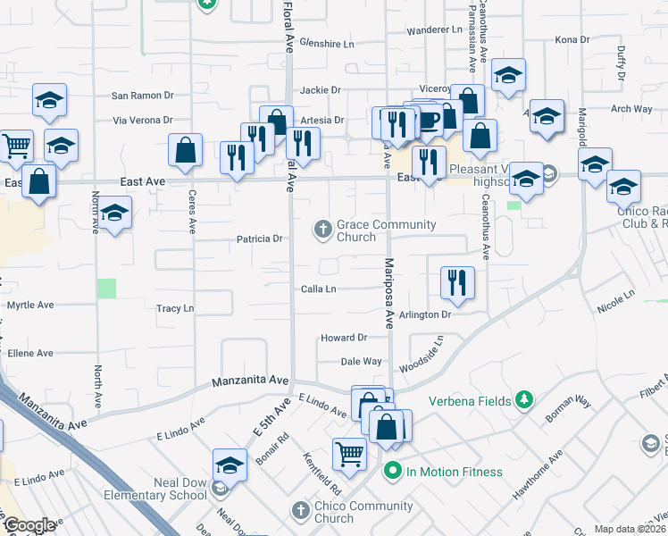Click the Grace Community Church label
(x=386, y=230)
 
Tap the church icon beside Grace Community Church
(x=323, y=230)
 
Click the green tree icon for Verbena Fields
(x=525, y=399)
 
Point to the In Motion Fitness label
(x=455, y=472)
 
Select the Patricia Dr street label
(x=259, y=239)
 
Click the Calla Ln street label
(x=318, y=289)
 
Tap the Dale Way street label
(x=362, y=362)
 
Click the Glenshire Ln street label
(x=327, y=43)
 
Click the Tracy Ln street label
(x=175, y=308)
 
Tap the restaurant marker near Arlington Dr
(x=456, y=282)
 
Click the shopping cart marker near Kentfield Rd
(x=349, y=453)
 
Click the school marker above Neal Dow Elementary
(x=230, y=465)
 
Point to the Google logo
(x=29, y=525)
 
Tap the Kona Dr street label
(x=572, y=40)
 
